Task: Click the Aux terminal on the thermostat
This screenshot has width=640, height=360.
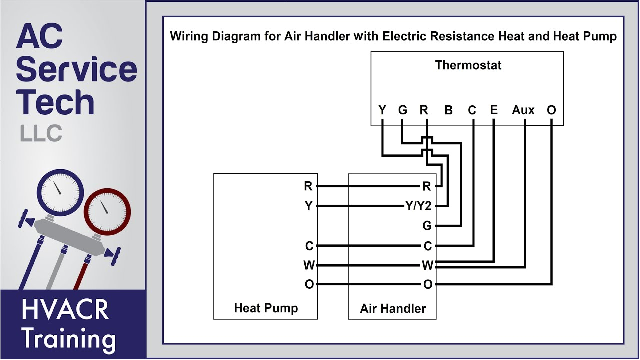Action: pyautogui.click(x=523, y=110)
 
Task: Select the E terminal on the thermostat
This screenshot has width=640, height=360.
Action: pyautogui.click(x=494, y=110)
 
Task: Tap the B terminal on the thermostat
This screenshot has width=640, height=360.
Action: pyautogui.click(x=448, y=110)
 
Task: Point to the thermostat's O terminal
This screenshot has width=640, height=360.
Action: pyautogui.click(x=551, y=110)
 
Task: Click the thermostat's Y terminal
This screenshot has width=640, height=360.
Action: pyautogui.click(x=382, y=110)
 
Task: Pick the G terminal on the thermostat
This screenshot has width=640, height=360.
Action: pyautogui.click(x=403, y=110)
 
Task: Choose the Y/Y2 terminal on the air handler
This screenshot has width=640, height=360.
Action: pyautogui.click(x=418, y=206)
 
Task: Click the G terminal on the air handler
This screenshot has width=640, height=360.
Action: pyautogui.click(x=427, y=226)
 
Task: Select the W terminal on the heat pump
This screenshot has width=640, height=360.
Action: pyautogui.click(x=309, y=265)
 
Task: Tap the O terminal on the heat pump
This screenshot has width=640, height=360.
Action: pyautogui.click(x=309, y=284)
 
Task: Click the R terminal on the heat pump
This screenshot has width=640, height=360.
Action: pyautogui.click(x=308, y=186)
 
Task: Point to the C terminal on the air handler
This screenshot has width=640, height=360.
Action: pyautogui.click(x=427, y=246)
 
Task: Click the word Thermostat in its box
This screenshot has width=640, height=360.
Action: pyautogui.click(x=468, y=65)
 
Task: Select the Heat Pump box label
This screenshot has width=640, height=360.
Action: pyautogui.click(x=266, y=308)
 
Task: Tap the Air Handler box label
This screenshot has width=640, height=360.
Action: pyautogui.click(x=393, y=308)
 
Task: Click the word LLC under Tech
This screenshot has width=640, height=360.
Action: pyautogui.click(x=41, y=133)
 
